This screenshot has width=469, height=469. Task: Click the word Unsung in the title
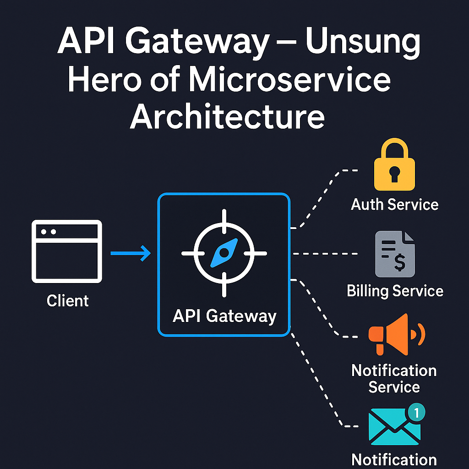362,43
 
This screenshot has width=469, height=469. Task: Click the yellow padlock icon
394,165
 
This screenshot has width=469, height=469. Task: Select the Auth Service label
394,204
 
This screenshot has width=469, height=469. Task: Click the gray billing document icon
394,254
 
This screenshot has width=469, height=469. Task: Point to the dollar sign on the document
399,262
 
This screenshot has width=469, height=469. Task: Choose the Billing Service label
395,291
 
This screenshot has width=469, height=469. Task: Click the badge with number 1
416,412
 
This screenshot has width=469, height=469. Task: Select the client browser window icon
67,251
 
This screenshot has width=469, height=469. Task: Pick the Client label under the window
67,301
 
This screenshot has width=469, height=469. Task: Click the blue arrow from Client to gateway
131,253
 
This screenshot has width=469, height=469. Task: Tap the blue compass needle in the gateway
224,253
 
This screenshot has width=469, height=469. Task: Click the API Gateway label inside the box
224,316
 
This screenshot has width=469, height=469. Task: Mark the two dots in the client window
49,232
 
